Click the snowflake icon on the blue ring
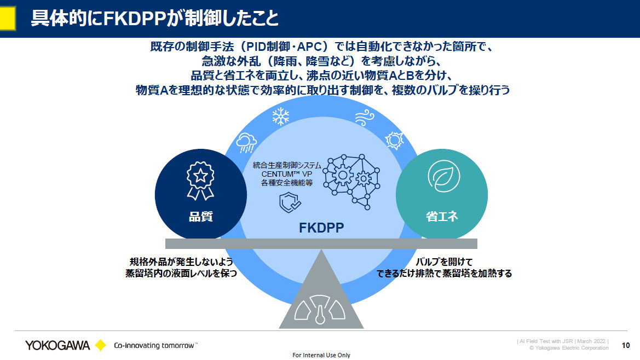point(281,116)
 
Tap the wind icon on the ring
point(364,117)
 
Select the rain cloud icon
point(246,143)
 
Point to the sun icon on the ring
point(394,141)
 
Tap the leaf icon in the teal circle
point(441,179)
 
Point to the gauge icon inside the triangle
point(320,310)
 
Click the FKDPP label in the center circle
point(321,228)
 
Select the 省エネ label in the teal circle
point(441,216)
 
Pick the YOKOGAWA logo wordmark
point(57,345)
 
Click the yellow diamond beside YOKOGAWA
point(100,345)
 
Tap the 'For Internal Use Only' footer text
point(321,355)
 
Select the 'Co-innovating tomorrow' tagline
point(155,345)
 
